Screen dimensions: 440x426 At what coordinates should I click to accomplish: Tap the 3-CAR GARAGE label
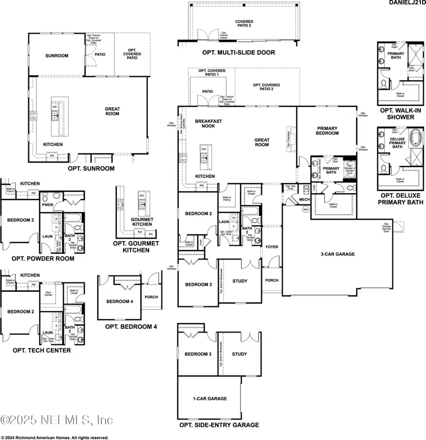click(x=337, y=254)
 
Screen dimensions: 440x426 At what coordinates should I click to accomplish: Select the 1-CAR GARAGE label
click(x=210, y=398)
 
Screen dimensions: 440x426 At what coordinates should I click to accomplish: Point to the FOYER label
click(x=272, y=246)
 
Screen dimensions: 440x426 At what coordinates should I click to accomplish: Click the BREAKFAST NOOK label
click(x=208, y=124)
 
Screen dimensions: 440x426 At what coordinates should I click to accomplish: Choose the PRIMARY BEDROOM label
click(x=328, y=130)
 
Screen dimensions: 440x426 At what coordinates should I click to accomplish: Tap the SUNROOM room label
click(x=57, y=55)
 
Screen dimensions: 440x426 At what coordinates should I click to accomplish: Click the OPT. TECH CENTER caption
click(x=42, y=350)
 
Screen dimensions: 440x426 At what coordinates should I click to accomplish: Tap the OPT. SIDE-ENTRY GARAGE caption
click(x=219, y=425)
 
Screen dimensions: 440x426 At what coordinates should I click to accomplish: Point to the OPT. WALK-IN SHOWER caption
click(x=400, y=114)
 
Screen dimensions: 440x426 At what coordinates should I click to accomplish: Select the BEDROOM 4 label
click(x=119, y=302)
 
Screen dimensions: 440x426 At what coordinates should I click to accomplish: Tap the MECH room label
click(x=304, y=199)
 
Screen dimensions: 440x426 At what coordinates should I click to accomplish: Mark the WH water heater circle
click(x=305, y=209)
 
